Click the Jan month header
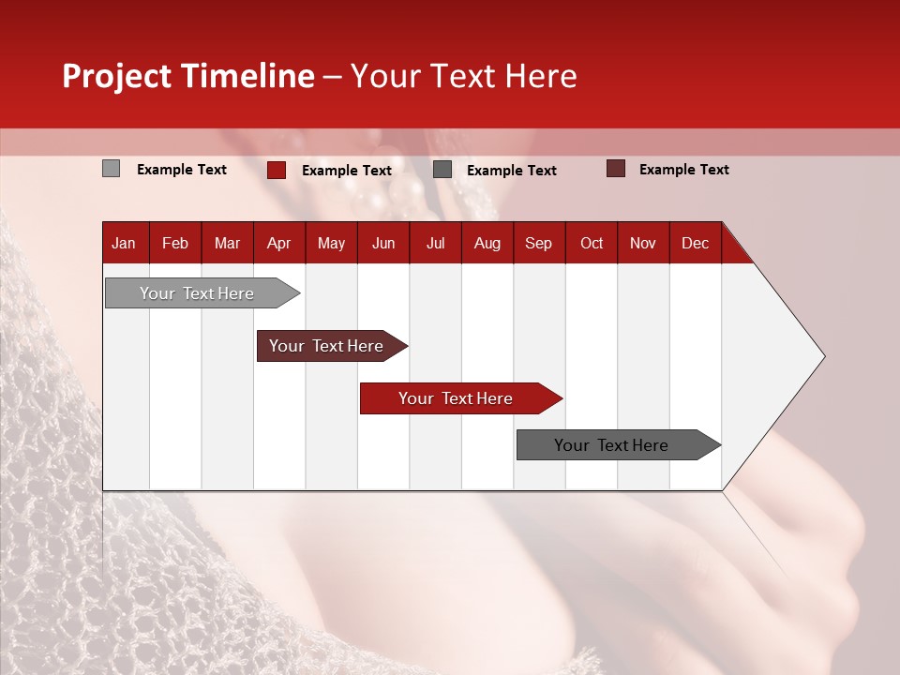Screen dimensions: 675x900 point(124,243)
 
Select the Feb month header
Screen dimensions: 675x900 point(175,243)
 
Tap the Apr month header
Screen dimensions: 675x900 point(278,243)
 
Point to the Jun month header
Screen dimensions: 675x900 point(383,243)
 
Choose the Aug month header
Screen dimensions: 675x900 point(487,243)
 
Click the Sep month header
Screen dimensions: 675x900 point(538,243)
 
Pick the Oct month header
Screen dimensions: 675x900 point(592,243)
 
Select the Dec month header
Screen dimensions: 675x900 point(695,243)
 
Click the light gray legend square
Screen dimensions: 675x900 point(111,169)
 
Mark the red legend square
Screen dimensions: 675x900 point(277,170)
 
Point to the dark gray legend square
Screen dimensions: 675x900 point(442,170)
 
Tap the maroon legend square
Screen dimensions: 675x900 point(615,169)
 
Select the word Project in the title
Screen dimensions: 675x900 point(117,76)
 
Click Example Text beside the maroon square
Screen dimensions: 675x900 point(683,170)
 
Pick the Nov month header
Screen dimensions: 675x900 point(643,243)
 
